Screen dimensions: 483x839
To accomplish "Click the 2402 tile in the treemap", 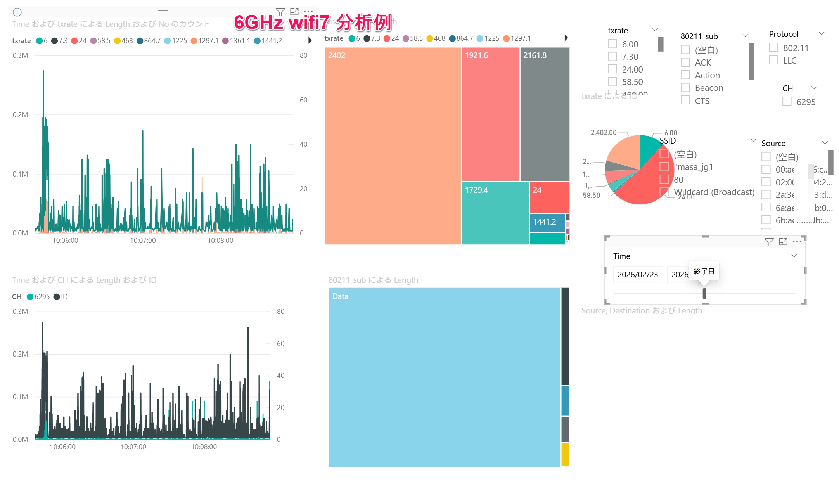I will click(x=393, y=145).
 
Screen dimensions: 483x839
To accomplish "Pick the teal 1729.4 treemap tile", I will click(x=495, y=213).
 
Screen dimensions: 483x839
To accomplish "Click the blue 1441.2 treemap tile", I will click(x=547, y=222).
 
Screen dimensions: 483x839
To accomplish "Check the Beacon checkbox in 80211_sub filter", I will click(x=685, y=88).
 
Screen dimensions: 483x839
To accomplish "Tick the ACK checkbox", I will click(x=685, y=62).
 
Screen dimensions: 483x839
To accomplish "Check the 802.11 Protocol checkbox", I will click(x=773, y=48).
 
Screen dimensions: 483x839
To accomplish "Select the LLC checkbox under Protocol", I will click(x=773, y=61).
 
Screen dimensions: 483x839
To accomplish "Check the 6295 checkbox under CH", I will click(x=787, y=102).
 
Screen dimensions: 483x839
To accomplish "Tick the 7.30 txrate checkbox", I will click(x=612, y=57).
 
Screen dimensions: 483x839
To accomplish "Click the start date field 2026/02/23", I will click(x=638, y=275).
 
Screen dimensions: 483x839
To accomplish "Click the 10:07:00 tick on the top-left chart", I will click(x=143, y=241).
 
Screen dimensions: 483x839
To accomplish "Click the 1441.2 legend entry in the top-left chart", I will click(x=268, y=41).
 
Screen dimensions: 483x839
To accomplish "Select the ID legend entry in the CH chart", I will click(x=61, y=297).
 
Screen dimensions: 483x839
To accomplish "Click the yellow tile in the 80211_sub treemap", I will click(x=565, y=454).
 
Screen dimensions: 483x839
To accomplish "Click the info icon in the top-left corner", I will click(x=17, y=12).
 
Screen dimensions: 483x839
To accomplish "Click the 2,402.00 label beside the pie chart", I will click(x=603, y=133).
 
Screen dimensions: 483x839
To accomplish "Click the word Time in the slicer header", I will click(x=621, y=256).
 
